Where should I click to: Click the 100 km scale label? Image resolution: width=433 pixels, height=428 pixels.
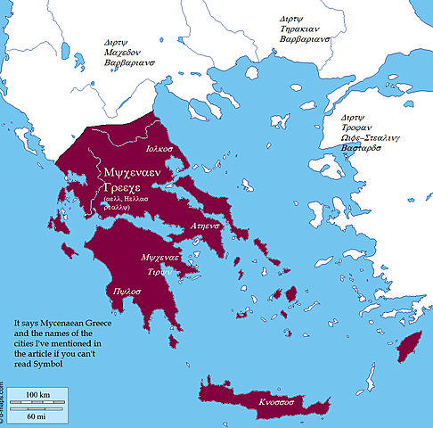pyautogui.click(x=37, y=393)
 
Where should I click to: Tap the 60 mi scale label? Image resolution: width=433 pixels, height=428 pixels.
pyautogui.click(x=37, y=415)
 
